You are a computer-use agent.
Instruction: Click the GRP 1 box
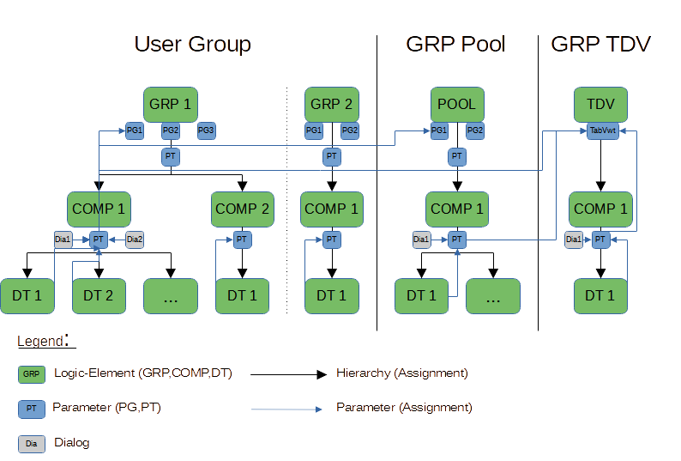pyautogui.click(x=170, y=105)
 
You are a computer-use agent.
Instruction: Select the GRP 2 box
pyautogui.click(x=331, y=105)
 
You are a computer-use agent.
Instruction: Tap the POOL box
pyautogui.click(x=456, y=105)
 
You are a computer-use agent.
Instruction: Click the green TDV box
pyautogui.click(x=600, y=105)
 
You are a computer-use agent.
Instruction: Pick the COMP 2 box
pyautogui.click(x=242, y=209)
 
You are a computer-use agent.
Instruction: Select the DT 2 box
pyautogui.click(x=99, y=296)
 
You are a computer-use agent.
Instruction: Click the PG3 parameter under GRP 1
pyautogui.click(x=206, y=130)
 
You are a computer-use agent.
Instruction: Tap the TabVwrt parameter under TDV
pyautogui.click(x=603, y=130)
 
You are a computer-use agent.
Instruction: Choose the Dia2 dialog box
pyautogui.click(x=135, y=240)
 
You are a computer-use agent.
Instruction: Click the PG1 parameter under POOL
pyautogui.click(x=439, y=130)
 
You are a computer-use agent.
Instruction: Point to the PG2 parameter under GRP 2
pyautogui.click(x=349, y=130)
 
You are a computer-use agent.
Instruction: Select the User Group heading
pyautogui.click(x=191, y=45)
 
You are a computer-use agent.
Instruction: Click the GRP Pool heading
pyautogui.click(x=455, y=45)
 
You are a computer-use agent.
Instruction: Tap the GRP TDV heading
pyautogui.click(x=600, y=45)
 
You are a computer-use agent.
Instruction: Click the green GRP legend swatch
pyautogui.click(x=32, y=374)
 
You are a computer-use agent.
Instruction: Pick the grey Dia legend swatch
pyautogui.click(x=32, y=444)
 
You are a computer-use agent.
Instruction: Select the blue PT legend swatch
pyautogui.click(x=32, y=409)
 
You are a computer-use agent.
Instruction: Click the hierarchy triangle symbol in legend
pyautogui.click(x=322, y=374)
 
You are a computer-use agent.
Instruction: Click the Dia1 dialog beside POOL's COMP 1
pyautogui.click(x=421, y=240)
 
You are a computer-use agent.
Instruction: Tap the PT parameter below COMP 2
pyautogui.click(x=242, y=240)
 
